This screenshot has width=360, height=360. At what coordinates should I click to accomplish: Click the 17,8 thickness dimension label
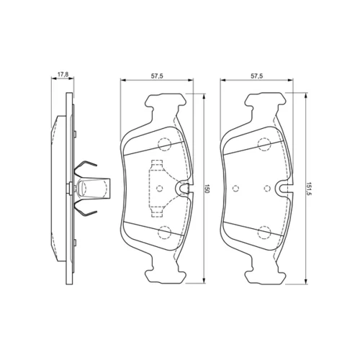[63, 74]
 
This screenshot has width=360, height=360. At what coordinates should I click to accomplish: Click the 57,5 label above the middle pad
[157, 76]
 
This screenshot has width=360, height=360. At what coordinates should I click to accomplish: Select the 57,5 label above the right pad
[257, 76]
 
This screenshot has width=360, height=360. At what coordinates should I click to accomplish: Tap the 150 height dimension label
[207, 189]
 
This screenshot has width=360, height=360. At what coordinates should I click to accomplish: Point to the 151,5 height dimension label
[309, 189]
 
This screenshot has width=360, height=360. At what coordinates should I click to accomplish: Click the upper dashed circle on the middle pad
[164, 144]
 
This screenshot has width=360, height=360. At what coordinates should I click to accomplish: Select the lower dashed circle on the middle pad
[164, 233]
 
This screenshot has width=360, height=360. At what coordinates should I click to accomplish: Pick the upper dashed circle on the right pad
[264, 144]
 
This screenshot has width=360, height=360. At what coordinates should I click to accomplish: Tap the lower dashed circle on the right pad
[264, 233]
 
